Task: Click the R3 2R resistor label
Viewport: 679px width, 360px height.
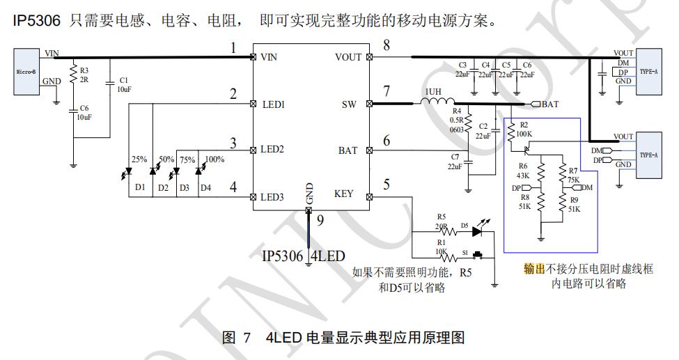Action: tap(84, 75)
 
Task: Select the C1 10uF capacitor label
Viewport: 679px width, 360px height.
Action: tap(123, 85)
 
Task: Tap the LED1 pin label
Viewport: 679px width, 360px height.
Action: tap(272, 104)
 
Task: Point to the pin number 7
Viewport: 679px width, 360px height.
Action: tap(387, 92)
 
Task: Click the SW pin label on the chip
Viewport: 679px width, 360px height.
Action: tap(349, 104)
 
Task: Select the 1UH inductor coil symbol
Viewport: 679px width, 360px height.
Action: tap(437, 103)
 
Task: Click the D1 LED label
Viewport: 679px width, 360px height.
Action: tap(140, 187)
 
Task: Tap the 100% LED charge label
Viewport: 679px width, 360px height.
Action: tap(214, 159)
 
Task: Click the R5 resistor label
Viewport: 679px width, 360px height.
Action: tap(440, 217)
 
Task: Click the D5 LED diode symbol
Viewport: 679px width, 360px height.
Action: tap(478, 230)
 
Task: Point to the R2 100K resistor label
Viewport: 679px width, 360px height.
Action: tap(524, 128)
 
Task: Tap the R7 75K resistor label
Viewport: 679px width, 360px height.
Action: tap(572, 174)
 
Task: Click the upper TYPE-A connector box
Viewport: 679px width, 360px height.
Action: tap(648, 70)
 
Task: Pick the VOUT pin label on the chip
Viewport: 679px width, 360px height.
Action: tap(348, 57)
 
